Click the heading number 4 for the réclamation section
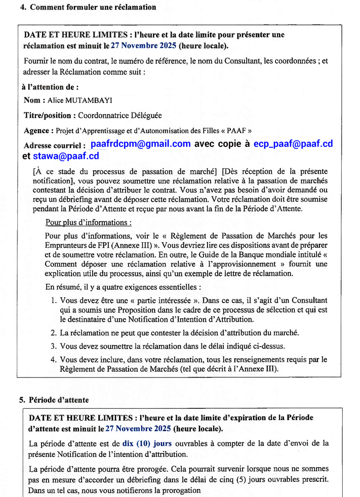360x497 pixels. (22, 7)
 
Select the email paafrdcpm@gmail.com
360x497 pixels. (140, 144)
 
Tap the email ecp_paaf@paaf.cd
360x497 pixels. (293, 144)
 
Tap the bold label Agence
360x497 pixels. (36, 131)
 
